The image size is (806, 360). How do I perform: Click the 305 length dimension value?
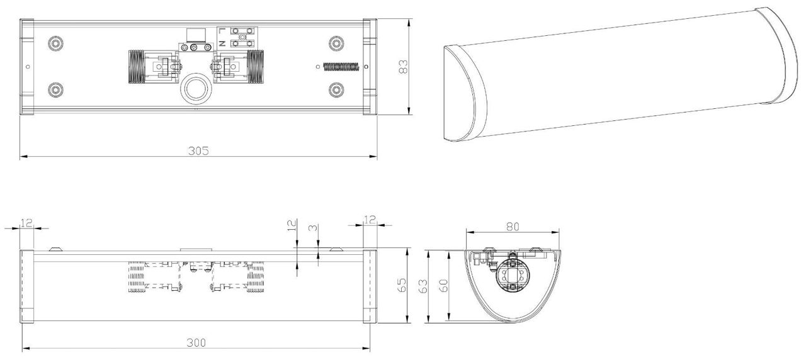(x=198, y=151)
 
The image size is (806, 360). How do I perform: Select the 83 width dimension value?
(x=404, y=67)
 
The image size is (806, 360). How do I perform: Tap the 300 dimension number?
(x=196, y=343)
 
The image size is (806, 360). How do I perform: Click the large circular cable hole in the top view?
(x=195, y=90)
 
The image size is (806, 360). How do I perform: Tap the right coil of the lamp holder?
(x=254, y=65)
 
